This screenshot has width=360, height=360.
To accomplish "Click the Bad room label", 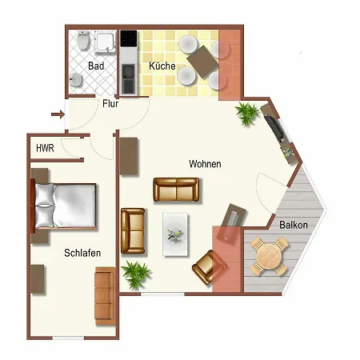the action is (x=96, y=66).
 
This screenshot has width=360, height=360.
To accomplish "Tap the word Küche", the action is (x=162, y=66).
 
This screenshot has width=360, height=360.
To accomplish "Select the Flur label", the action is (x=110, y=103).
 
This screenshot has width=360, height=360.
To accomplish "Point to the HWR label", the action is (x=45, y=148).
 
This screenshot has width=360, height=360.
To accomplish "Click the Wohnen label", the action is (x=205, y=164).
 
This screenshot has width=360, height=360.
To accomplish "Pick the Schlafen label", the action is (x=82, y=253).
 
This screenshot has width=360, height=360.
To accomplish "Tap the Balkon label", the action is (x=294, y=225).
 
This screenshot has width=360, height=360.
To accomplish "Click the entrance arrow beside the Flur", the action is (x=58, y=114).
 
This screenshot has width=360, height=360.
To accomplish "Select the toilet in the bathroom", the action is (x=83, y=40).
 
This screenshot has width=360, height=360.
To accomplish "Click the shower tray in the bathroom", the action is (x=106, y=42).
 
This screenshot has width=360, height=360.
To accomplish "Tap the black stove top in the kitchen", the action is (x=129, y=38).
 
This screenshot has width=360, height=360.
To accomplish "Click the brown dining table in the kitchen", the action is (x=202, y=62).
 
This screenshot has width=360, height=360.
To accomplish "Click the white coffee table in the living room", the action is (x=175, y=234).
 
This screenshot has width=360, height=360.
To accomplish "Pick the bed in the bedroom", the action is (x=64, y=206).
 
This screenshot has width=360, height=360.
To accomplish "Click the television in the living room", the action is (x=274, y=127).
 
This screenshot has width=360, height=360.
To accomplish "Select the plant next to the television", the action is (x=247, y=114).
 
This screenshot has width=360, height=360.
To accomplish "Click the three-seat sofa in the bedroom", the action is (x=105, y=296).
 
